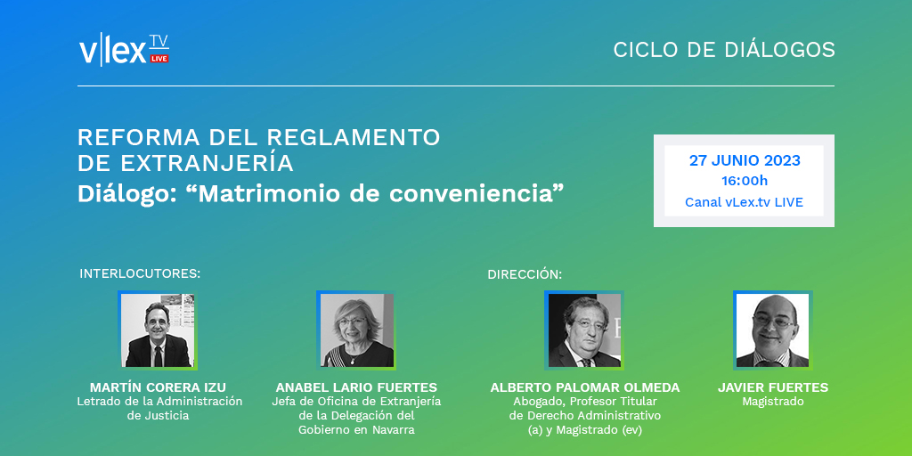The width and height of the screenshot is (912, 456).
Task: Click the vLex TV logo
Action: click(x=123, y=50)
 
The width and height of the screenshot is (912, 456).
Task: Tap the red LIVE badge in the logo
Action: click(x=159, y=59)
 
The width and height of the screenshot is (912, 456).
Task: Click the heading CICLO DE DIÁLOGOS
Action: click(x=723, y=50)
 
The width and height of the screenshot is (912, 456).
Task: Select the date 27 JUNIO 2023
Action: click(x=745, y=161)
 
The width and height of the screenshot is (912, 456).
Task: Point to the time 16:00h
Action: click(x=745, y=181)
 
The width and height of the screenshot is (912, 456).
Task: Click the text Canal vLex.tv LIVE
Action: click(x=744, y=202)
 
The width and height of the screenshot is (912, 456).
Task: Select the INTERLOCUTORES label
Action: click(x=140, y=273)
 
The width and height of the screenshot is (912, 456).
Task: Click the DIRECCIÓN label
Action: click(x=525, y=274)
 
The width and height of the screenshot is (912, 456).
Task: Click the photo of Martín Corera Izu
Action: click(x=158, y=330)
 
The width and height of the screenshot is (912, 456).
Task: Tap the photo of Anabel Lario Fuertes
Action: click(x=356, y=330)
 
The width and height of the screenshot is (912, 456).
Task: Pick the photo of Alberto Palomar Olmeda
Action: click(x=584, y=330)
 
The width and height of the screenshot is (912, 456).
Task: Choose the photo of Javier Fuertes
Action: click(x=772, y=330)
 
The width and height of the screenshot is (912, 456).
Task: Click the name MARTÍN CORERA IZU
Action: click(x=158, y=387)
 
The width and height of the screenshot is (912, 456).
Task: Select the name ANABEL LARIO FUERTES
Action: click(x=356, y=387)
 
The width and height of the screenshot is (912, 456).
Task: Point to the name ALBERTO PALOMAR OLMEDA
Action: click(x=584, y=387)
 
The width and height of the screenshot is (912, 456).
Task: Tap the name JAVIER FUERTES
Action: click(x=773, y=387)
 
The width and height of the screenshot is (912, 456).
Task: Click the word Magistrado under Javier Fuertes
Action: click(x=773, y=402)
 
